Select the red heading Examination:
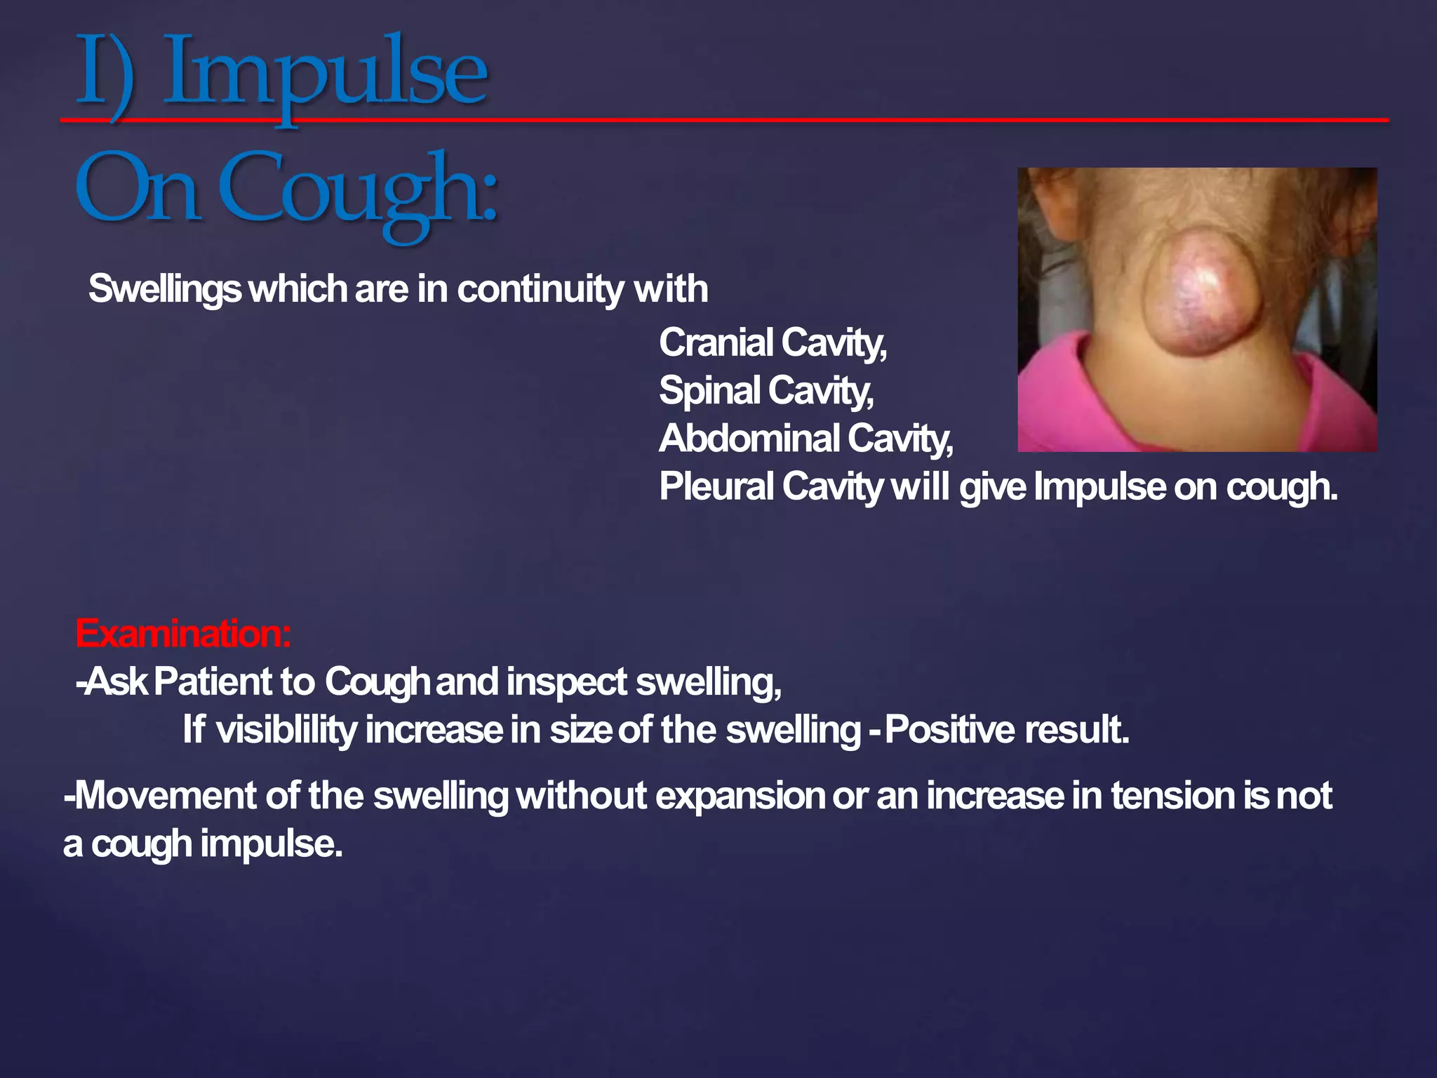pos(182,633)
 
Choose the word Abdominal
pos(749,439)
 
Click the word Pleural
pos(716,486)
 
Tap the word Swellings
pos(164,289)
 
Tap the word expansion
pos(740,796)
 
